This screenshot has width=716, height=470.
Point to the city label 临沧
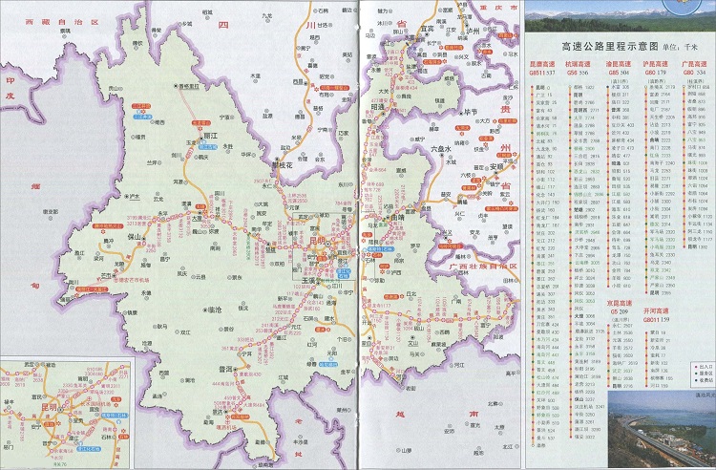(215, 309)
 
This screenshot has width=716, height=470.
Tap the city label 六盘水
(444, 150)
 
